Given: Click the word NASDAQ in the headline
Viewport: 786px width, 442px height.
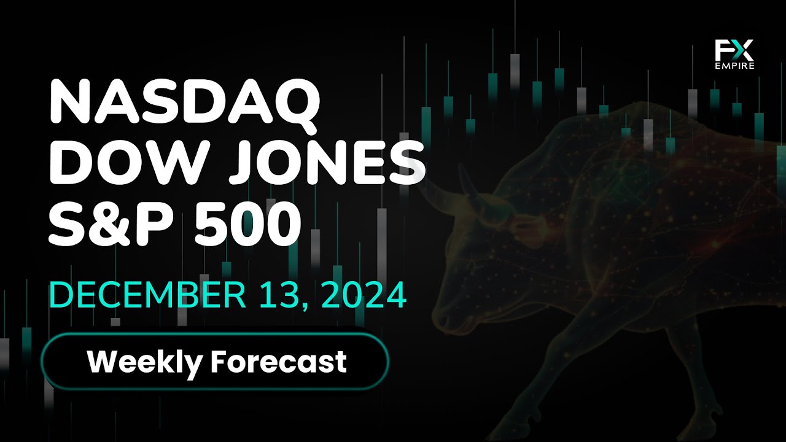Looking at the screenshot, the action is (x=185, y=104).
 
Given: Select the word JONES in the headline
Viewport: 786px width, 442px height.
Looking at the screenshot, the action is (x=328, y=163).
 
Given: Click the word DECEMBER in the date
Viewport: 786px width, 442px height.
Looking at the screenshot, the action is (x=148, y=295).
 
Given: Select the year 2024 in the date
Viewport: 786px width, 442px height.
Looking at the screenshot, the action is (x=364, y=295).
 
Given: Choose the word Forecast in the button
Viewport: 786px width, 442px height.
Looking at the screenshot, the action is (x=279, y=362).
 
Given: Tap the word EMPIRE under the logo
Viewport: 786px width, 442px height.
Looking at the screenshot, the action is (x=734, y=66).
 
